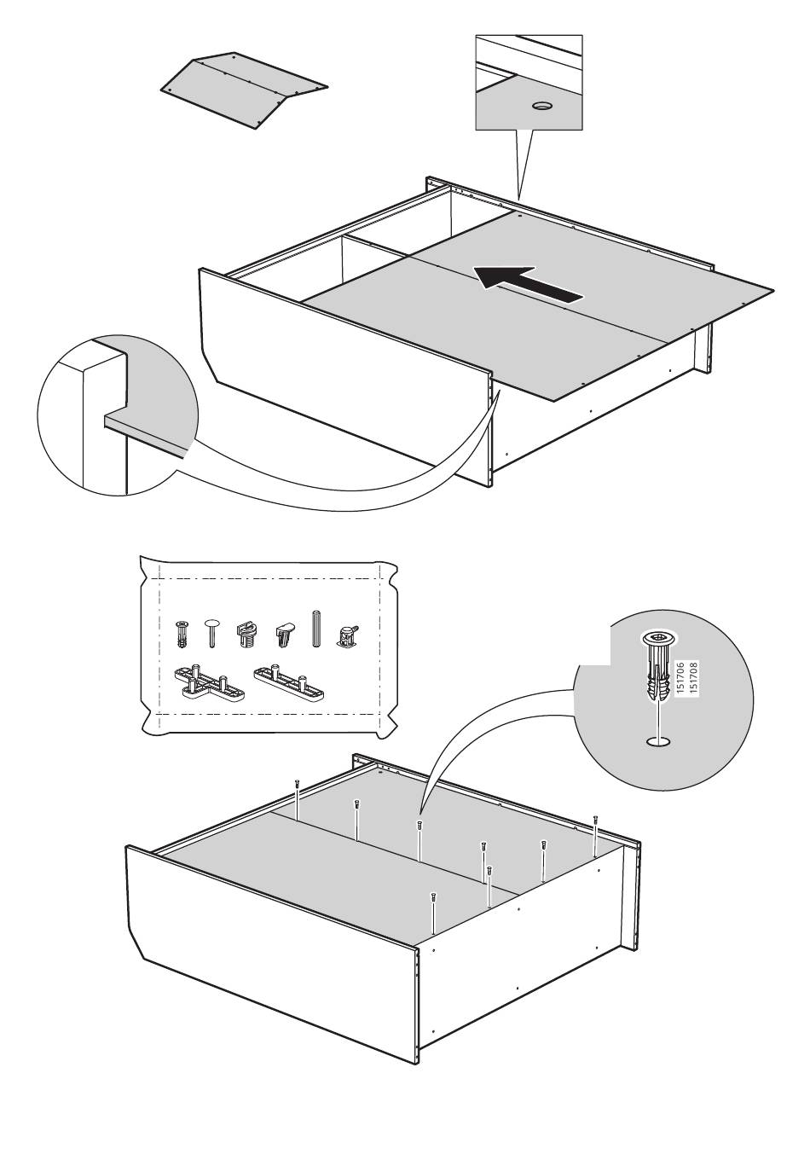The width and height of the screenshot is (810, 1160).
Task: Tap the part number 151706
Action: coord(681,678)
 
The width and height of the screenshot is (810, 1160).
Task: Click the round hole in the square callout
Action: coord(542,105)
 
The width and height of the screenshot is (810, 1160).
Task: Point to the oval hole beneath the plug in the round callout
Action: coord(658,742)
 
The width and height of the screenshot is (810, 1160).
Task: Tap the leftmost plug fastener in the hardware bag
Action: coord(181,634)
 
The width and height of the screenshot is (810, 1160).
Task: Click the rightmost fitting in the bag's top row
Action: coord(347,635)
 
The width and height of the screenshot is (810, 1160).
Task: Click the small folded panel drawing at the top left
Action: coord(244,90)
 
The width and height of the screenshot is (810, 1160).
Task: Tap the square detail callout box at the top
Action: coord(529,82)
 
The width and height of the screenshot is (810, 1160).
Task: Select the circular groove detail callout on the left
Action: coord(118,415)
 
